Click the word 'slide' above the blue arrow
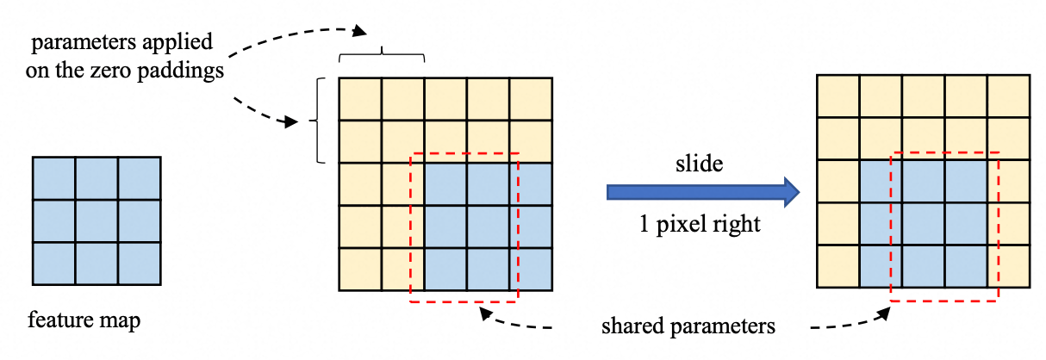point(699,164)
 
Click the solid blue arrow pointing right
point(703,192)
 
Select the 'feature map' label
point(84,320)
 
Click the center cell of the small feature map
point(97,220)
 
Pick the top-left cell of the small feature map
point(53,178)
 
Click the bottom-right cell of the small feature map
point(140,264)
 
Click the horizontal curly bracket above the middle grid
point(382,54)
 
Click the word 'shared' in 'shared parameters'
point(632,326)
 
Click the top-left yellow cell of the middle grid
point(360,99)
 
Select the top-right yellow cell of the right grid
point(1009,96)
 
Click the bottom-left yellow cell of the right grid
point(838,266)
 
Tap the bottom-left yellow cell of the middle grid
point(360,270)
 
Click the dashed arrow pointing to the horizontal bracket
point(294,36)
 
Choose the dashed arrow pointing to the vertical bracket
point(264,114)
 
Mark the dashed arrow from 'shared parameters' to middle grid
point(514,322)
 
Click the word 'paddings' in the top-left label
point(180,71)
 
